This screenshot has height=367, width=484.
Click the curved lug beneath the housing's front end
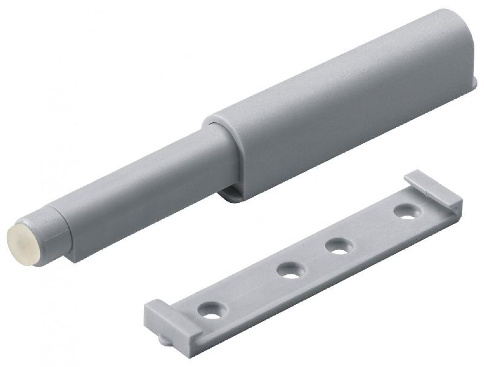[x=233, y=194]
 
